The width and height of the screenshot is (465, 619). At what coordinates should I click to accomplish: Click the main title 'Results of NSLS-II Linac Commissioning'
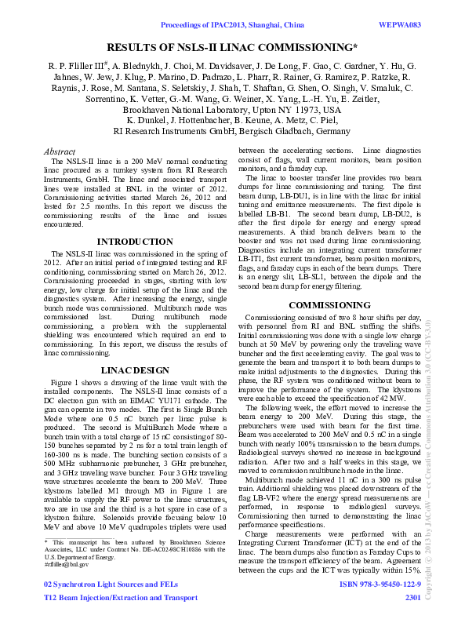pyautogui.click(x=231, y=48)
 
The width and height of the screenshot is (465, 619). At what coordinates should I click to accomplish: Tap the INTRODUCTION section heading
pyautogui.click(x=129, y=241)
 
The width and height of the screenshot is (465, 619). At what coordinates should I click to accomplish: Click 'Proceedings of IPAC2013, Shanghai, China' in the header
pyautogui.click(x=233, y=26)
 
